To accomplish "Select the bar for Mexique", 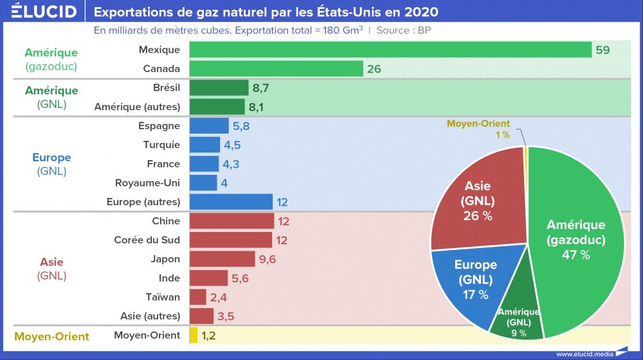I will [390, 50].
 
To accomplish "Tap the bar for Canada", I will [276, 69].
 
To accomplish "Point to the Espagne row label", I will [159, 126].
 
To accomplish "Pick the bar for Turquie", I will [205, 145].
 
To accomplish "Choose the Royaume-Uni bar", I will [204, 183].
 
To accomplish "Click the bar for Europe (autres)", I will [231, 202].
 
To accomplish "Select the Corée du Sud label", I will [147, 240].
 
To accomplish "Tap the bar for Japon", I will [222, 259].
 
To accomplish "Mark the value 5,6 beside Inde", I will [239, 278].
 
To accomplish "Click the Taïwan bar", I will [198, 297].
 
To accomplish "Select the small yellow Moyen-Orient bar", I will [194, 335].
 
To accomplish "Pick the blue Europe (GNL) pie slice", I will [473, 280].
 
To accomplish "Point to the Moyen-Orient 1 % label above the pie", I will [478, 129].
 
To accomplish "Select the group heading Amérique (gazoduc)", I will [51, 59].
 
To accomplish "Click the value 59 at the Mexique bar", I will [602, 50].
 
